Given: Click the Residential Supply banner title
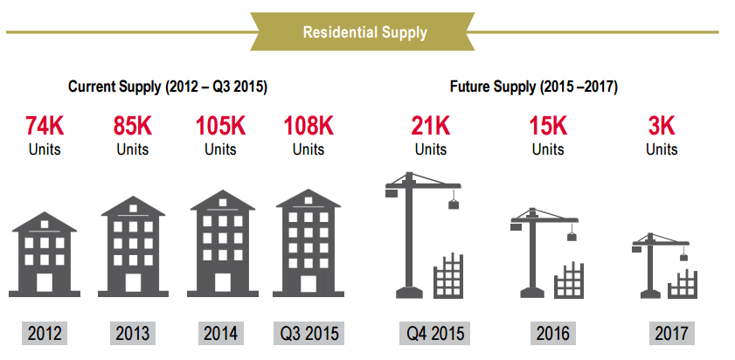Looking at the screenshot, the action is coord(364,32).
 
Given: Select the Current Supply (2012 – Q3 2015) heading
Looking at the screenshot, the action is coord(168,87).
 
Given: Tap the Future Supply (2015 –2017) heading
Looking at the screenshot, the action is coord(534,87).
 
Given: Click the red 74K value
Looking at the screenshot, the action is coord(45,126).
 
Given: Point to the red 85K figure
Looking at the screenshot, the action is coord(133,126).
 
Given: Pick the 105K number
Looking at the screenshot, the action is coord(220,126).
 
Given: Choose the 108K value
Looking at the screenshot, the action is coord(309,126).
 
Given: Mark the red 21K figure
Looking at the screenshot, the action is coord(431,126).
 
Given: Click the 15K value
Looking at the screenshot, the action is coord(548,126).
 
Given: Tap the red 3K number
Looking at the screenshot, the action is coord(662,126).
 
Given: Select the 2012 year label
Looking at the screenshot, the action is coord(45,333).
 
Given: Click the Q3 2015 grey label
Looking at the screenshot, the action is coord(309,333).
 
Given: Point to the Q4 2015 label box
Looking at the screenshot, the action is coord(434,333).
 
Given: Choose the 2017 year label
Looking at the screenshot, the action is coord(672,333).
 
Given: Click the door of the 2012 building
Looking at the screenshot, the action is coord(45,282).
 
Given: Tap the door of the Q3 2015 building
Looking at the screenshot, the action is coord(309,284).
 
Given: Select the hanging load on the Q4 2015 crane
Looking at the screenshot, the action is coord(454,204).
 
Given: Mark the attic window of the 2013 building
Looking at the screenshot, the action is coord(133,208).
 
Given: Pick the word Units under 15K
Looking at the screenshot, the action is coord(548,149).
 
